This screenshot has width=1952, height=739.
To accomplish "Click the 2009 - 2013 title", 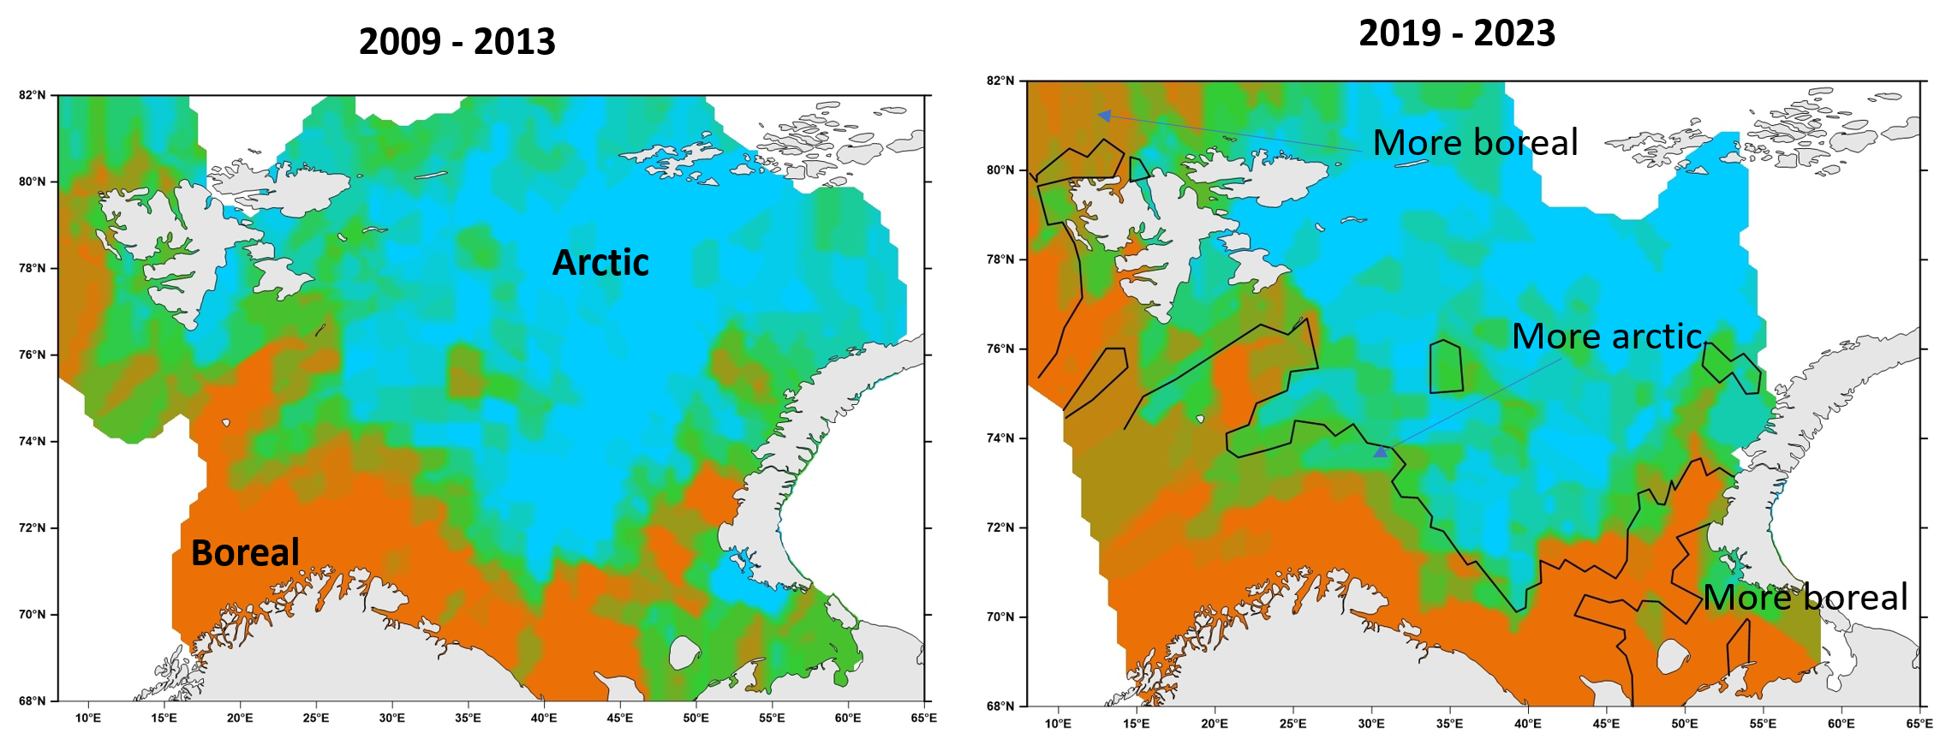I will click(457, 42).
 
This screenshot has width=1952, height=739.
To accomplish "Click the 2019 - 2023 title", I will click(1457, 33).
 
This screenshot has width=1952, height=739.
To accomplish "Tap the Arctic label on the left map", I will click(600, 262).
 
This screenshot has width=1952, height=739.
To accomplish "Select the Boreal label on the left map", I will click(245, 552).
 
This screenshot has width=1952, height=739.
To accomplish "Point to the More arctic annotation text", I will click(1607, 336).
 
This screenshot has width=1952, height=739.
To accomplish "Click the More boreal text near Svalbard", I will click(1475, 142).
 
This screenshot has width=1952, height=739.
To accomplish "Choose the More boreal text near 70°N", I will click(1806, 597).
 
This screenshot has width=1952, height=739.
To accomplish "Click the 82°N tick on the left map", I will click(33, 95).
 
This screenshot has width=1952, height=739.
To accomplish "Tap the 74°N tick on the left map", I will click(33, 441).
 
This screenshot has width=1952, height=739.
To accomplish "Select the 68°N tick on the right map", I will click(1000, 706).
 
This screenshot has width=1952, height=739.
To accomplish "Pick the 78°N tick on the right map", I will click(1000, 259).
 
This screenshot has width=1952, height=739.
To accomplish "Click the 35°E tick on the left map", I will click(468, 718).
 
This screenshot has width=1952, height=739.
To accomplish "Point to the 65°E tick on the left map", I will click(923, 718).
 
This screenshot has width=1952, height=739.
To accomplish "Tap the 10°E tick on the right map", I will click(1058, 724).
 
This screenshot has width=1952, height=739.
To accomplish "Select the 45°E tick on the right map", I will click(1606, 724).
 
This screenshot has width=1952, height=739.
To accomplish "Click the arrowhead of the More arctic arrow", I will click(1380, 451).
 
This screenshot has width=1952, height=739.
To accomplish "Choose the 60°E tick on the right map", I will click(1841, 724).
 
